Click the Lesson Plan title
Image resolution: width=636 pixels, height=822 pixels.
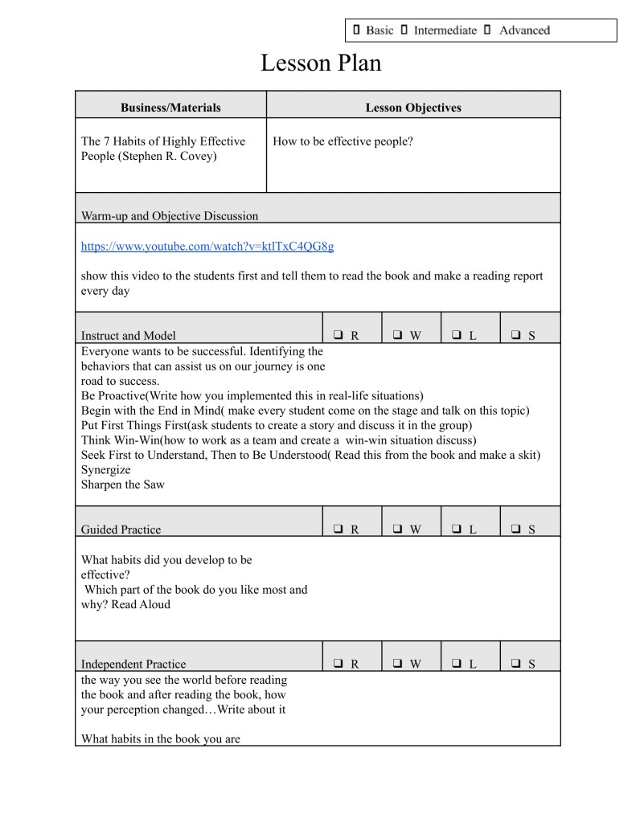point(320,63)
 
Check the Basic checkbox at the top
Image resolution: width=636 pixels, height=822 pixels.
point(355,31)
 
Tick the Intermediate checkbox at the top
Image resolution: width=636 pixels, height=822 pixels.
point(404,31)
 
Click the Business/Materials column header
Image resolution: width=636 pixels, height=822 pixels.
point(170,107)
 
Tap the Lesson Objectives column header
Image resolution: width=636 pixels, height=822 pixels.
point(412,107)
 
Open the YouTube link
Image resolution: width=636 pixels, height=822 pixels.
point(207,245)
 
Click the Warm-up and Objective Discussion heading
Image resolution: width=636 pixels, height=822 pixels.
point(170,215)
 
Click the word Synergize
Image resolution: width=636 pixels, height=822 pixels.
point(105,469)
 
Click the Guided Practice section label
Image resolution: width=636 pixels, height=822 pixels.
point(121,530)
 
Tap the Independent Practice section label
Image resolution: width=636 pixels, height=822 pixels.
point(133,665)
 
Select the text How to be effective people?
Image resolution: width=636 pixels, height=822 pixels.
point(343,142)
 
